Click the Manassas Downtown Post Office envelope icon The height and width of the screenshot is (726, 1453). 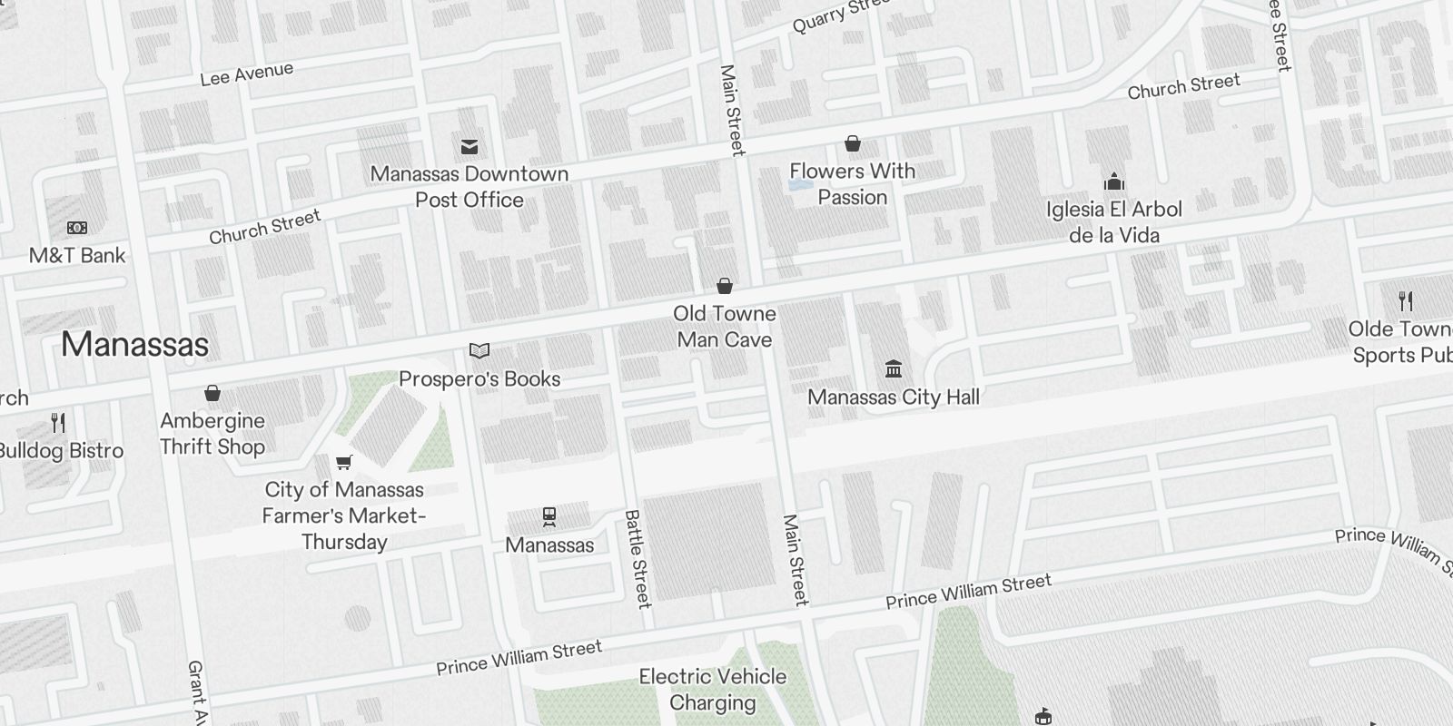point(470,146)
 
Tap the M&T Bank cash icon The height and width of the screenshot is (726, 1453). point(77,228)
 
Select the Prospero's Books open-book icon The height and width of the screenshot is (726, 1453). point(479,350)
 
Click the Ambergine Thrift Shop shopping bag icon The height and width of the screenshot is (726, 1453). point(213,392)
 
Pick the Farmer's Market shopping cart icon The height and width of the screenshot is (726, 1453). point(343,462)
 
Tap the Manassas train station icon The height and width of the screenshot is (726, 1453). point(549,516)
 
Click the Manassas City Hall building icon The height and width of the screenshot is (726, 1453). point(893,368)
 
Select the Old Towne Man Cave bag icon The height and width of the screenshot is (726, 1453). point(725,286)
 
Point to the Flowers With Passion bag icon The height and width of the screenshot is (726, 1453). point(852,143)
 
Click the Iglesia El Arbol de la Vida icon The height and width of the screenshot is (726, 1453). point(1114,181)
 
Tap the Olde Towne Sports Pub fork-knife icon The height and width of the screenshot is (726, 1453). point(1406,300)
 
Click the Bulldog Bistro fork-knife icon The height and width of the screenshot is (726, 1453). point(58,422)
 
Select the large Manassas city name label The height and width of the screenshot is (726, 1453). point(134,344)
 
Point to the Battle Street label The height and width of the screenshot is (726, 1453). point(638,558)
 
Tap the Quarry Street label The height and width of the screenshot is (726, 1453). point(840,15)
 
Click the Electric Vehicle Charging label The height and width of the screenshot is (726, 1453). point(713,690)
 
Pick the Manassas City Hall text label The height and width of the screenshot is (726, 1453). point(894,397)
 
